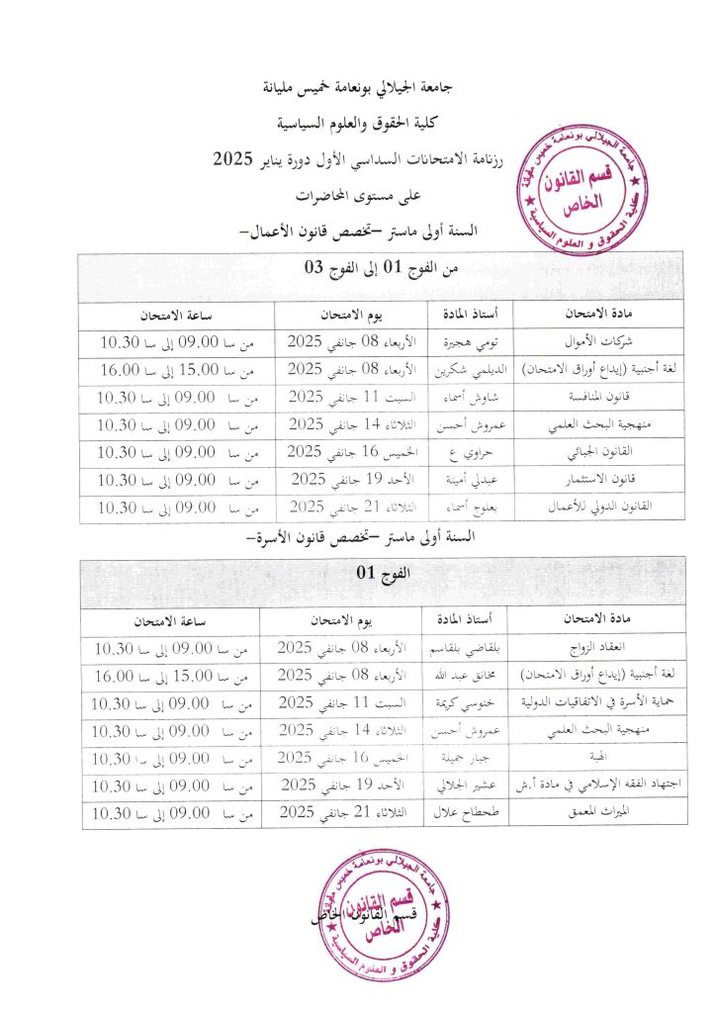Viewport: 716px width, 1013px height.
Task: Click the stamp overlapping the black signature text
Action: point(377,913)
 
